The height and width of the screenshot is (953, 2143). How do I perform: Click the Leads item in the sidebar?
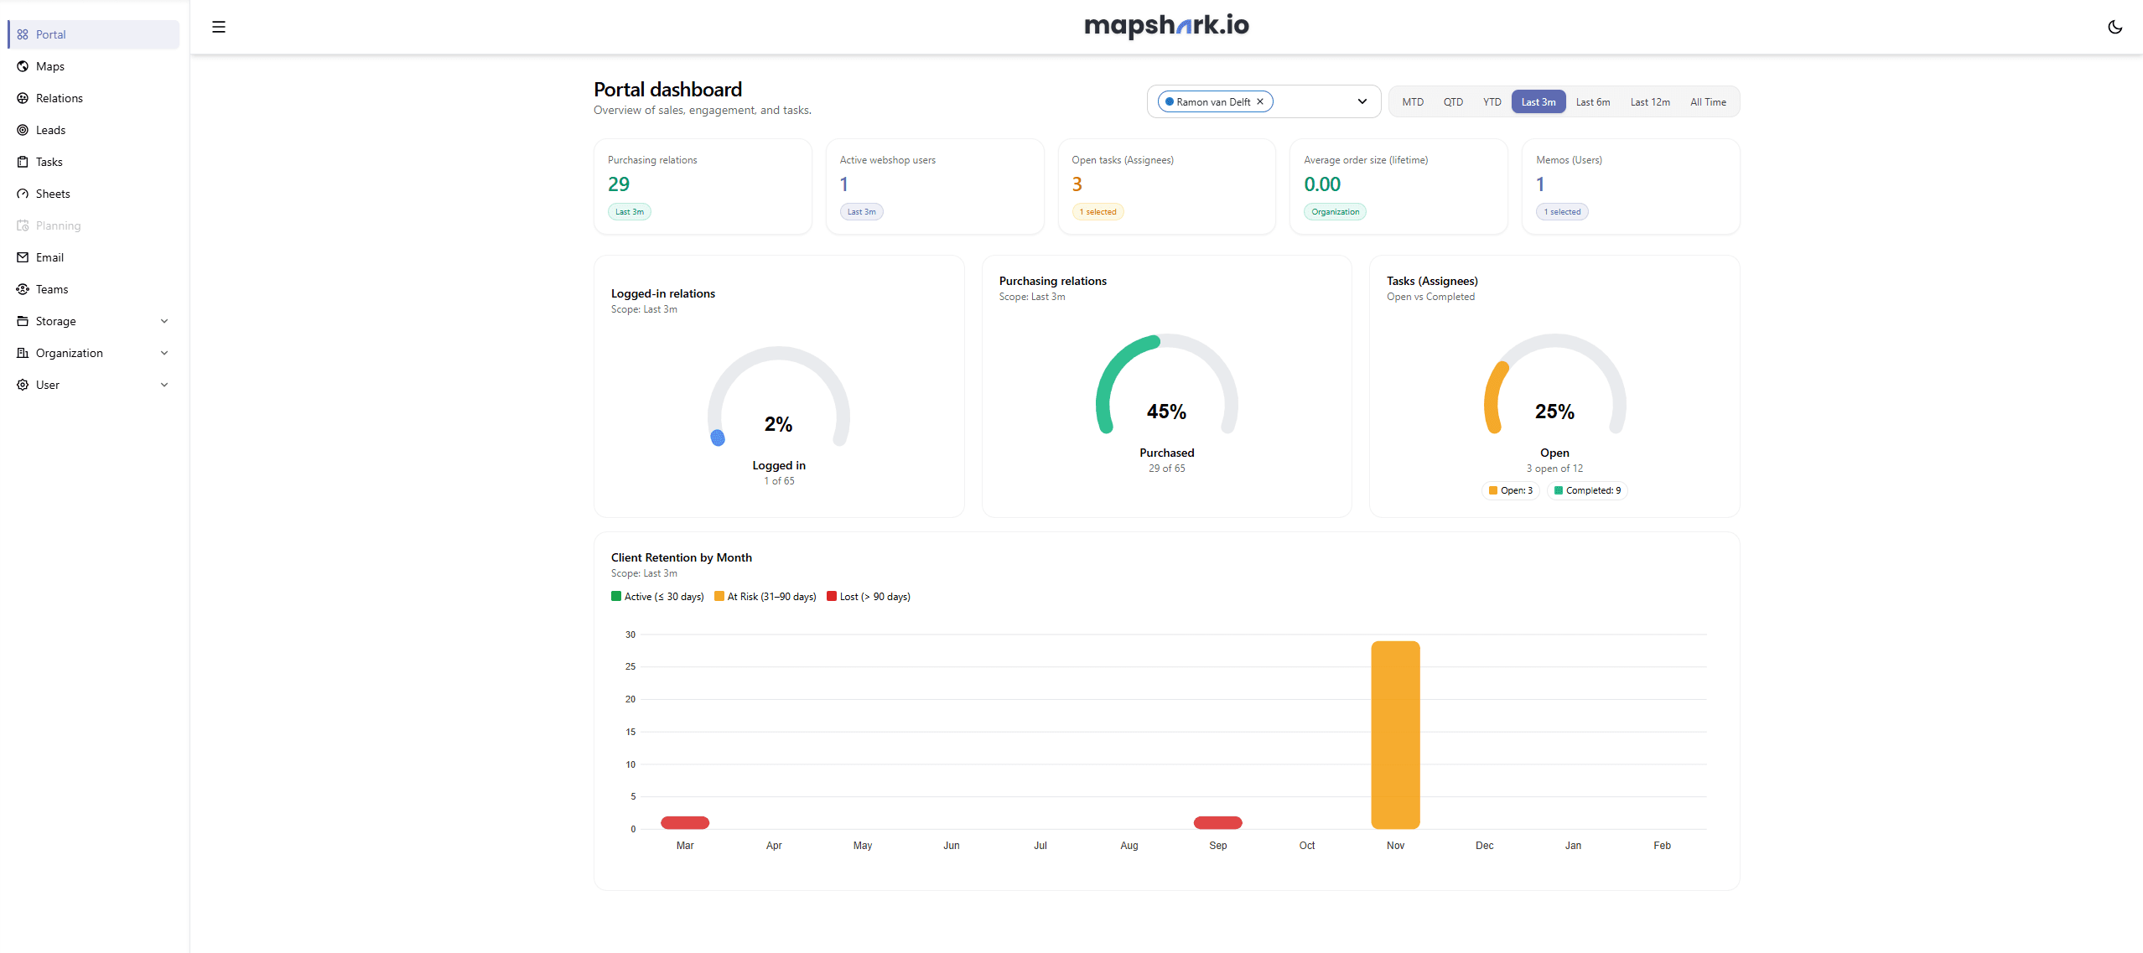(50, 130)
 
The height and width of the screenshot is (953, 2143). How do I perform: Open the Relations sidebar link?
(59, 98)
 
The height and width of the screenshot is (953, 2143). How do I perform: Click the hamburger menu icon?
(219, 27)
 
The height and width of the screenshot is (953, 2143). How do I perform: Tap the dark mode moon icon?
(2114, 27)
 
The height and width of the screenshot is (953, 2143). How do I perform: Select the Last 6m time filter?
(1592, 102)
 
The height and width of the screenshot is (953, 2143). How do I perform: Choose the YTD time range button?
(1492, 102)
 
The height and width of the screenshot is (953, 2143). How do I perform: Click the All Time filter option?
(1707, 102)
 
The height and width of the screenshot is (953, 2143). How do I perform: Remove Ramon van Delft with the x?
(1259, 101)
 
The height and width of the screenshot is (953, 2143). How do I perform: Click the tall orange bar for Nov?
(1395, 734)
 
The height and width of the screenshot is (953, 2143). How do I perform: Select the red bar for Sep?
(1217, 822)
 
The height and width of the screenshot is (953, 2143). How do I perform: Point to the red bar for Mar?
(685, 822)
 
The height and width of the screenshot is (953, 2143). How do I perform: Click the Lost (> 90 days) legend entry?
(869, 597)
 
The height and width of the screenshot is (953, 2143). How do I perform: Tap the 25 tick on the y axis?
(630, 667)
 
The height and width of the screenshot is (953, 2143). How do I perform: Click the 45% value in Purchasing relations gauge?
(1166, 412)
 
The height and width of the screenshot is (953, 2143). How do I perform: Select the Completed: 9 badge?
(1587, 490)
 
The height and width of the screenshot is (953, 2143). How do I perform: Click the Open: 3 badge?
(1511, 490)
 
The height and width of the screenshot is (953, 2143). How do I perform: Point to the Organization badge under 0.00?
(1335, 212)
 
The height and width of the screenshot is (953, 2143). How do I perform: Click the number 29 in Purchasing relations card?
(619, 184)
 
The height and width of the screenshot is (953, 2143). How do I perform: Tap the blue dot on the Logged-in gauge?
(718, 438)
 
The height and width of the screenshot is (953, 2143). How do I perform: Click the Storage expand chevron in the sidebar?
(164, 321)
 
